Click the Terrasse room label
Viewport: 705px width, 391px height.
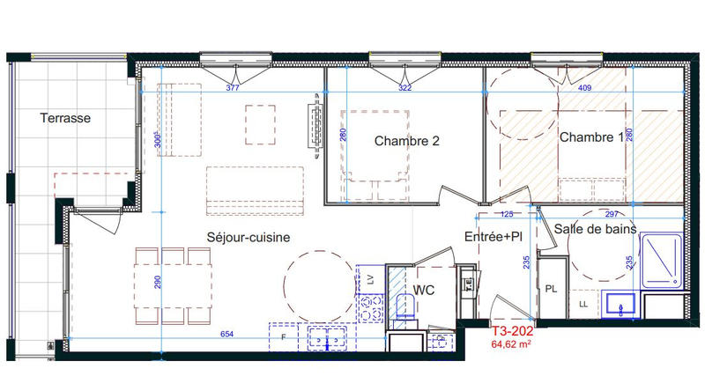coord(66,117)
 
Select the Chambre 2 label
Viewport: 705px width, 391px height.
coord(406,141)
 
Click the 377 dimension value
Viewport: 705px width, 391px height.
coord(233,88)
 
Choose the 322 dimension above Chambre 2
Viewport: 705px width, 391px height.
coord(404,88)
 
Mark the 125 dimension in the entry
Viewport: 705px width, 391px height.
coord(507,213)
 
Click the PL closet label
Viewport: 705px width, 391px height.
coord(551,288)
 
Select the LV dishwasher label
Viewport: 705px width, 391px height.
coord(370,278)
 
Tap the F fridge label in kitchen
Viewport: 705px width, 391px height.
coord(283,336)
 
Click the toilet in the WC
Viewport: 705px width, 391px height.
coord(405,308)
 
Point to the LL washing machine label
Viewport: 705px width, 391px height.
coord(582,305)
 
